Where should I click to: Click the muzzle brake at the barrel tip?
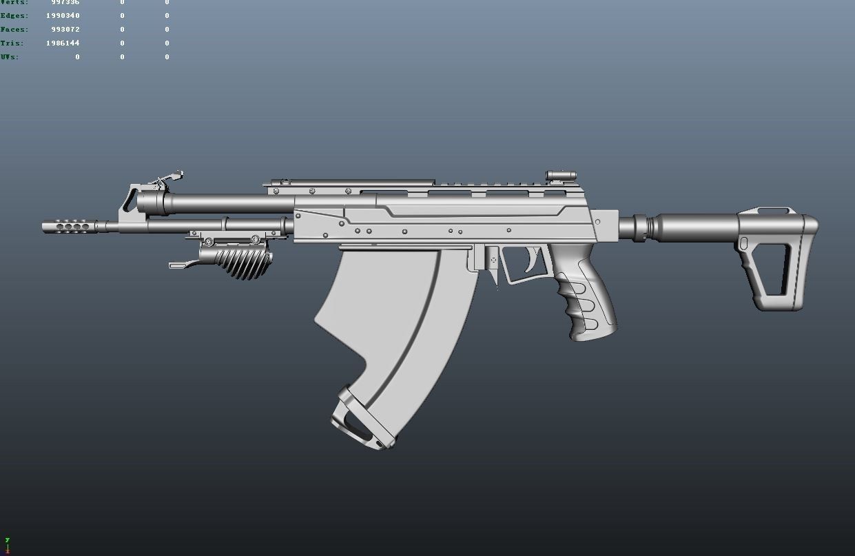pyautogui.click(x=69, y=225)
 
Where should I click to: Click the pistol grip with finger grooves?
pyautogui.click(x=589, y=303)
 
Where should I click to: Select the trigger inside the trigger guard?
pyautogui.click(x=533, y=260)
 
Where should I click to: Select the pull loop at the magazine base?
pyautogui.click(x=355, y=420)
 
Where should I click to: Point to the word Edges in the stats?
pyautogui.click(x=14, y=16)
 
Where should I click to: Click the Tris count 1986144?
pyautogui.click(x=63, y=43)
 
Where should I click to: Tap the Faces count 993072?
pyautogui.click(x=65, y=30)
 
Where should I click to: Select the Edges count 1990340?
pyautogui.click(x=63, y=16)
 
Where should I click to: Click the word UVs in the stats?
pyautogui.click(x=10, y=57)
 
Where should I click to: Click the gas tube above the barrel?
pyautogui.click(x=220, y=203)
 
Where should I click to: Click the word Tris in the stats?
pyautogui.click(x=12, y=43)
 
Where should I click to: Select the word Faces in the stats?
pyautogui.click(x=14, y=30)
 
